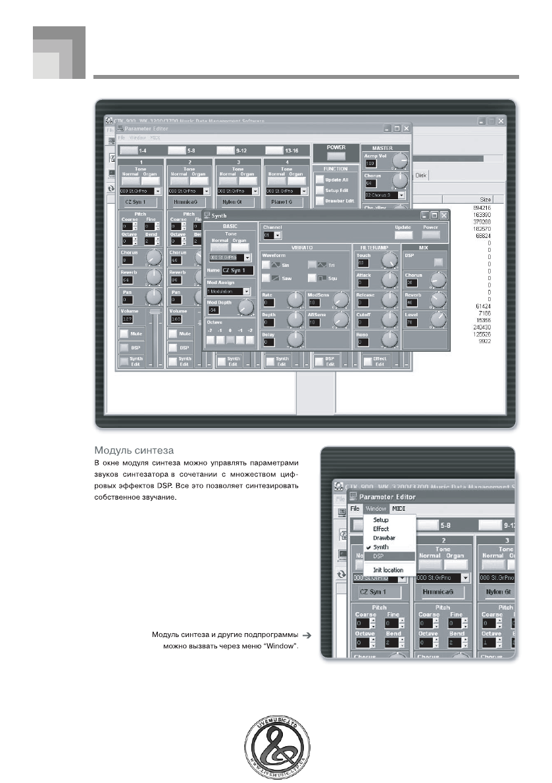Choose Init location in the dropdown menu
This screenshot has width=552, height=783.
(388, 570)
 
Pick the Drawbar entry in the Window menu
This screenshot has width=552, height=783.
(385, 538)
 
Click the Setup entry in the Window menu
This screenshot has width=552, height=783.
(381, 519)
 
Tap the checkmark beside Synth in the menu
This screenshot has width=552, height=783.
(368, 547)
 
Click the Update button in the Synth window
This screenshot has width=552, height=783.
(403, 234)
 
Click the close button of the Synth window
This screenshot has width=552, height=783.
(444, 215)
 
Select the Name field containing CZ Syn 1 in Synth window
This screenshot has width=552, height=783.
(236, 270)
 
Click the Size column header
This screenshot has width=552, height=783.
(485, 199)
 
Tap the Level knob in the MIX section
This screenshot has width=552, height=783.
(436, 321)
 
